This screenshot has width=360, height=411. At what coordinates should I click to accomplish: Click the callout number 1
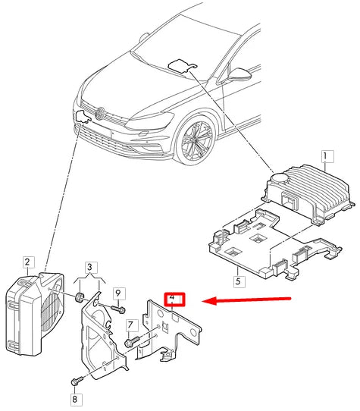pos(326,158)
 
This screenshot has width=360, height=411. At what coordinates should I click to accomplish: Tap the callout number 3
pos(91,268)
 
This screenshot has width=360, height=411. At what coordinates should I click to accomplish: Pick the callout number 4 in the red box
pos(174,299)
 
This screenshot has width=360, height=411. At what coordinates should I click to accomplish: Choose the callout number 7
pos(130,325)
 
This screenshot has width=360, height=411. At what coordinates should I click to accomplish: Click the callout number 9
pos(118,292)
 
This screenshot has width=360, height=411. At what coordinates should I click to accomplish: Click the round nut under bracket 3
pos(78,296)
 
